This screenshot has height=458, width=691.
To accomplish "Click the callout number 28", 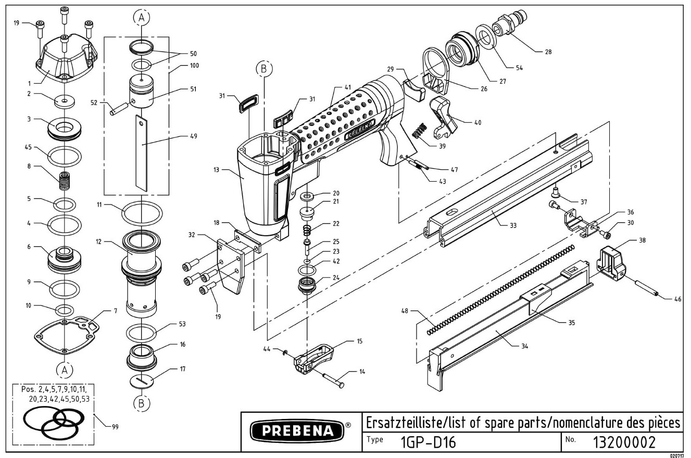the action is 548,52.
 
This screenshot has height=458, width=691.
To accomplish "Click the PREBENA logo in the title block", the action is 297,430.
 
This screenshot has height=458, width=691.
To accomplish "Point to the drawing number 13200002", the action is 624,442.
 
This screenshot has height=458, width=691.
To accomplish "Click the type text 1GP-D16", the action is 428,442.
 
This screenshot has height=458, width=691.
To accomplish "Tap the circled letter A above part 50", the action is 141,18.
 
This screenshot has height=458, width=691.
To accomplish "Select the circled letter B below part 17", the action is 141,403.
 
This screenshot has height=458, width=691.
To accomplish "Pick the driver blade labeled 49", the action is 141,154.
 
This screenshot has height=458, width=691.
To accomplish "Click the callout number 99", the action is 115,427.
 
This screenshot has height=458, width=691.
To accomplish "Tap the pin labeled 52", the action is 118,109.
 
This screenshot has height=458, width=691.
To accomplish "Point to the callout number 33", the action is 513,225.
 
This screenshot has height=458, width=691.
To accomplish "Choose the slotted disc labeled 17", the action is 141,380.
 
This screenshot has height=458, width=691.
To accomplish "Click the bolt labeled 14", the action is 333,379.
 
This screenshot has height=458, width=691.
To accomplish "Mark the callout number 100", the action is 194,66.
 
